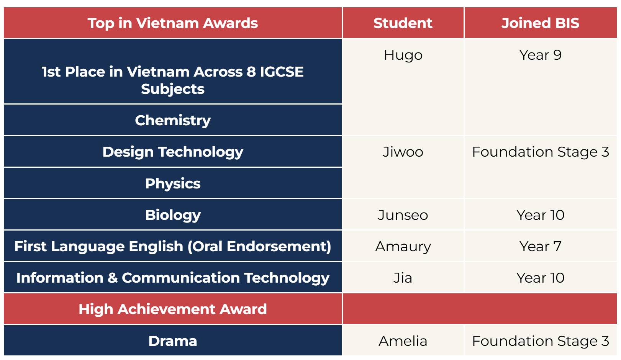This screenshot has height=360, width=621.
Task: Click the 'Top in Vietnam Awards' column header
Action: (173, 23)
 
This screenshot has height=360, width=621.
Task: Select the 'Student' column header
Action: (403, 23)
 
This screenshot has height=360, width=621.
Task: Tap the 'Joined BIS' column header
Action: (540, 23)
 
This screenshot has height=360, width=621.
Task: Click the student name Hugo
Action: (403, 55)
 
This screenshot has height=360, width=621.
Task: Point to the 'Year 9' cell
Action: (540, 55)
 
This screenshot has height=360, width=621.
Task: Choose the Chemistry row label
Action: (173, 120)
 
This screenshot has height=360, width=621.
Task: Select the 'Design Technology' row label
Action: (173, 152)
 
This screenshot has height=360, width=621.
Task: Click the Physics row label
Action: (173, 183)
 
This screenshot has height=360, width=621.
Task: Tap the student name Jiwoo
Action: (403, 152)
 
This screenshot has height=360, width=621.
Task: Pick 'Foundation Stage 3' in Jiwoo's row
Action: (540, 152)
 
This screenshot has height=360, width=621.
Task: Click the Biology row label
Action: (173, 215)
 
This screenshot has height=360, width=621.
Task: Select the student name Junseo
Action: (403, 215)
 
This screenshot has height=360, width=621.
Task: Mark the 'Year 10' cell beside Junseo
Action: (540, 215)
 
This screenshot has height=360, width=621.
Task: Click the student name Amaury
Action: (403, 246)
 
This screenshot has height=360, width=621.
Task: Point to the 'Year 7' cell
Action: (540, 246)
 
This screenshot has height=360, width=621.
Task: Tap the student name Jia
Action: (403, 278)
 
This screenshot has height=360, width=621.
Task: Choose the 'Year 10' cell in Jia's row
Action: (540, 278)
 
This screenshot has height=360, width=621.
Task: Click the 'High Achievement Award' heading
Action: (173, 309)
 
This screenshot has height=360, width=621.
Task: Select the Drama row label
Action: (173, 341)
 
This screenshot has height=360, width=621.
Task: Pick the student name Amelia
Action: (403, 341)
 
